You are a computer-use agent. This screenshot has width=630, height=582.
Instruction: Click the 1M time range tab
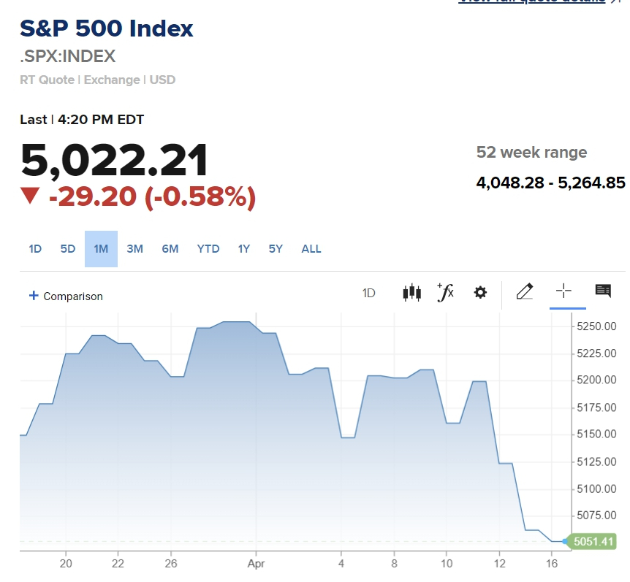(101, 249)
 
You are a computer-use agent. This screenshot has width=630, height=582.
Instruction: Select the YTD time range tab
(208, 249)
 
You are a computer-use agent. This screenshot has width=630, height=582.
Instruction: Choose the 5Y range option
(276, 249)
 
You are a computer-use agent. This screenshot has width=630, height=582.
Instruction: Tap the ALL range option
(311, 249)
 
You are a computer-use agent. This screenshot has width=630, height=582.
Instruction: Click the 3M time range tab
(134, 249)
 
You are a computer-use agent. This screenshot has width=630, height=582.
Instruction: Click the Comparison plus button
(34, 296)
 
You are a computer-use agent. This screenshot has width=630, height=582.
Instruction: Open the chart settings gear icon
(480, 293)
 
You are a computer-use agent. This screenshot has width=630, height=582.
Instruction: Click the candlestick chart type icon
(411, 293)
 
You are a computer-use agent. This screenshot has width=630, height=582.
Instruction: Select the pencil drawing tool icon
(524, 292)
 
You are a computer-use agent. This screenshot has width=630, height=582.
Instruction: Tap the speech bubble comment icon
(603, 291)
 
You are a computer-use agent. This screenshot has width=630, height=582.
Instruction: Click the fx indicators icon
(445, 292)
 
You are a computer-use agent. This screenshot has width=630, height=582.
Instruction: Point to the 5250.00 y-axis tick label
(596, 326)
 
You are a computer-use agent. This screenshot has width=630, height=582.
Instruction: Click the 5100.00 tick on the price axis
(596, 489)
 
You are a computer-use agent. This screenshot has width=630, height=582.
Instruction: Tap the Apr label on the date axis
(255, 564)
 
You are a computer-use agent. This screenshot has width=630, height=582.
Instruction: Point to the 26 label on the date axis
(171, 564)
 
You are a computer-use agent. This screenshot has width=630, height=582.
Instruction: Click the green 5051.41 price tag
(593, 542)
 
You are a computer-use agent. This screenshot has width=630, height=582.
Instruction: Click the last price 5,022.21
(114, 160)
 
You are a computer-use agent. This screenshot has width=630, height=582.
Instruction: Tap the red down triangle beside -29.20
(30, 196)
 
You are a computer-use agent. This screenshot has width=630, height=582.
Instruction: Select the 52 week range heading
(531, 153)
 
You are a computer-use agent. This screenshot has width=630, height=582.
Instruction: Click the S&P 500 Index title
(107, 29)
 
